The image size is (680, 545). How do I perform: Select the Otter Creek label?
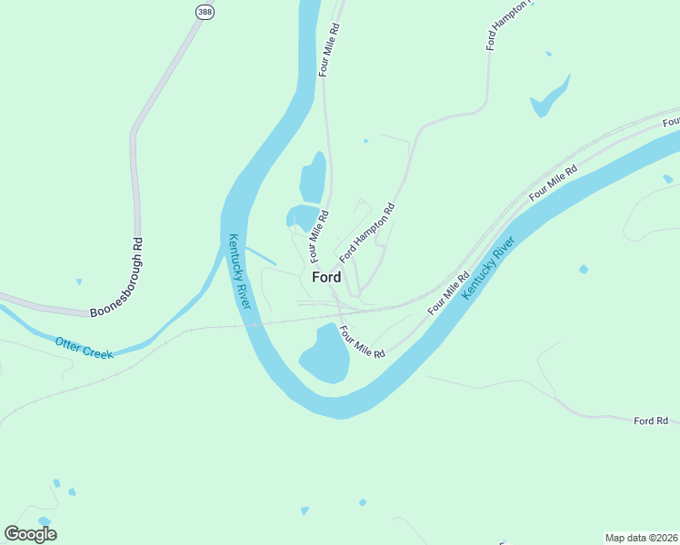pos(85,347)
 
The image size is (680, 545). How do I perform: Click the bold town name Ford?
pos(326,277)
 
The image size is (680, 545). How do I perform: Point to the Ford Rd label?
pos(651,421)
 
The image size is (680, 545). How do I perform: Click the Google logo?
pos(30,533)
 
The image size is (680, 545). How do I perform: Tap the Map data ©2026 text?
pos(641,537)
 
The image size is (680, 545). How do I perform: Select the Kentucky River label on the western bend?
pos(238,271)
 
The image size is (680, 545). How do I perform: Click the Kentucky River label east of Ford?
pos(488,269)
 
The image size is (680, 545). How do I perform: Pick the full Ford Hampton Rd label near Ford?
pos(367,233)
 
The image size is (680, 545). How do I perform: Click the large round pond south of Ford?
pos(325,355)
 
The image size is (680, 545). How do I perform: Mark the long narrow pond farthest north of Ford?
pos(314,177)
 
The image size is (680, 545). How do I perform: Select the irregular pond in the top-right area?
pos(550,96)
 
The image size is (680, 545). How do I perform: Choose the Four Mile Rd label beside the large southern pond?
pos(363,342)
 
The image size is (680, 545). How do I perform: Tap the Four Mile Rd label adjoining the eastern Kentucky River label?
pos(448,291)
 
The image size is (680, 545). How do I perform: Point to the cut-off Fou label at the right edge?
pos(671,122)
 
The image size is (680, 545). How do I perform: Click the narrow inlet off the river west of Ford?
pos(261,256)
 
